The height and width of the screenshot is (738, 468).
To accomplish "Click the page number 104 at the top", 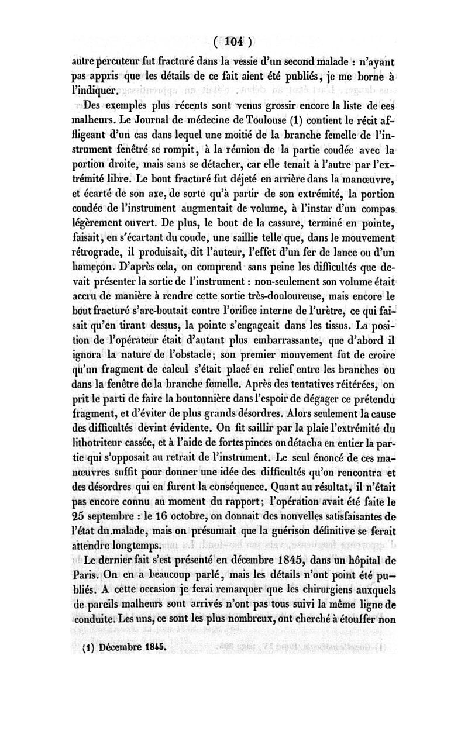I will [x=232, y=42].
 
